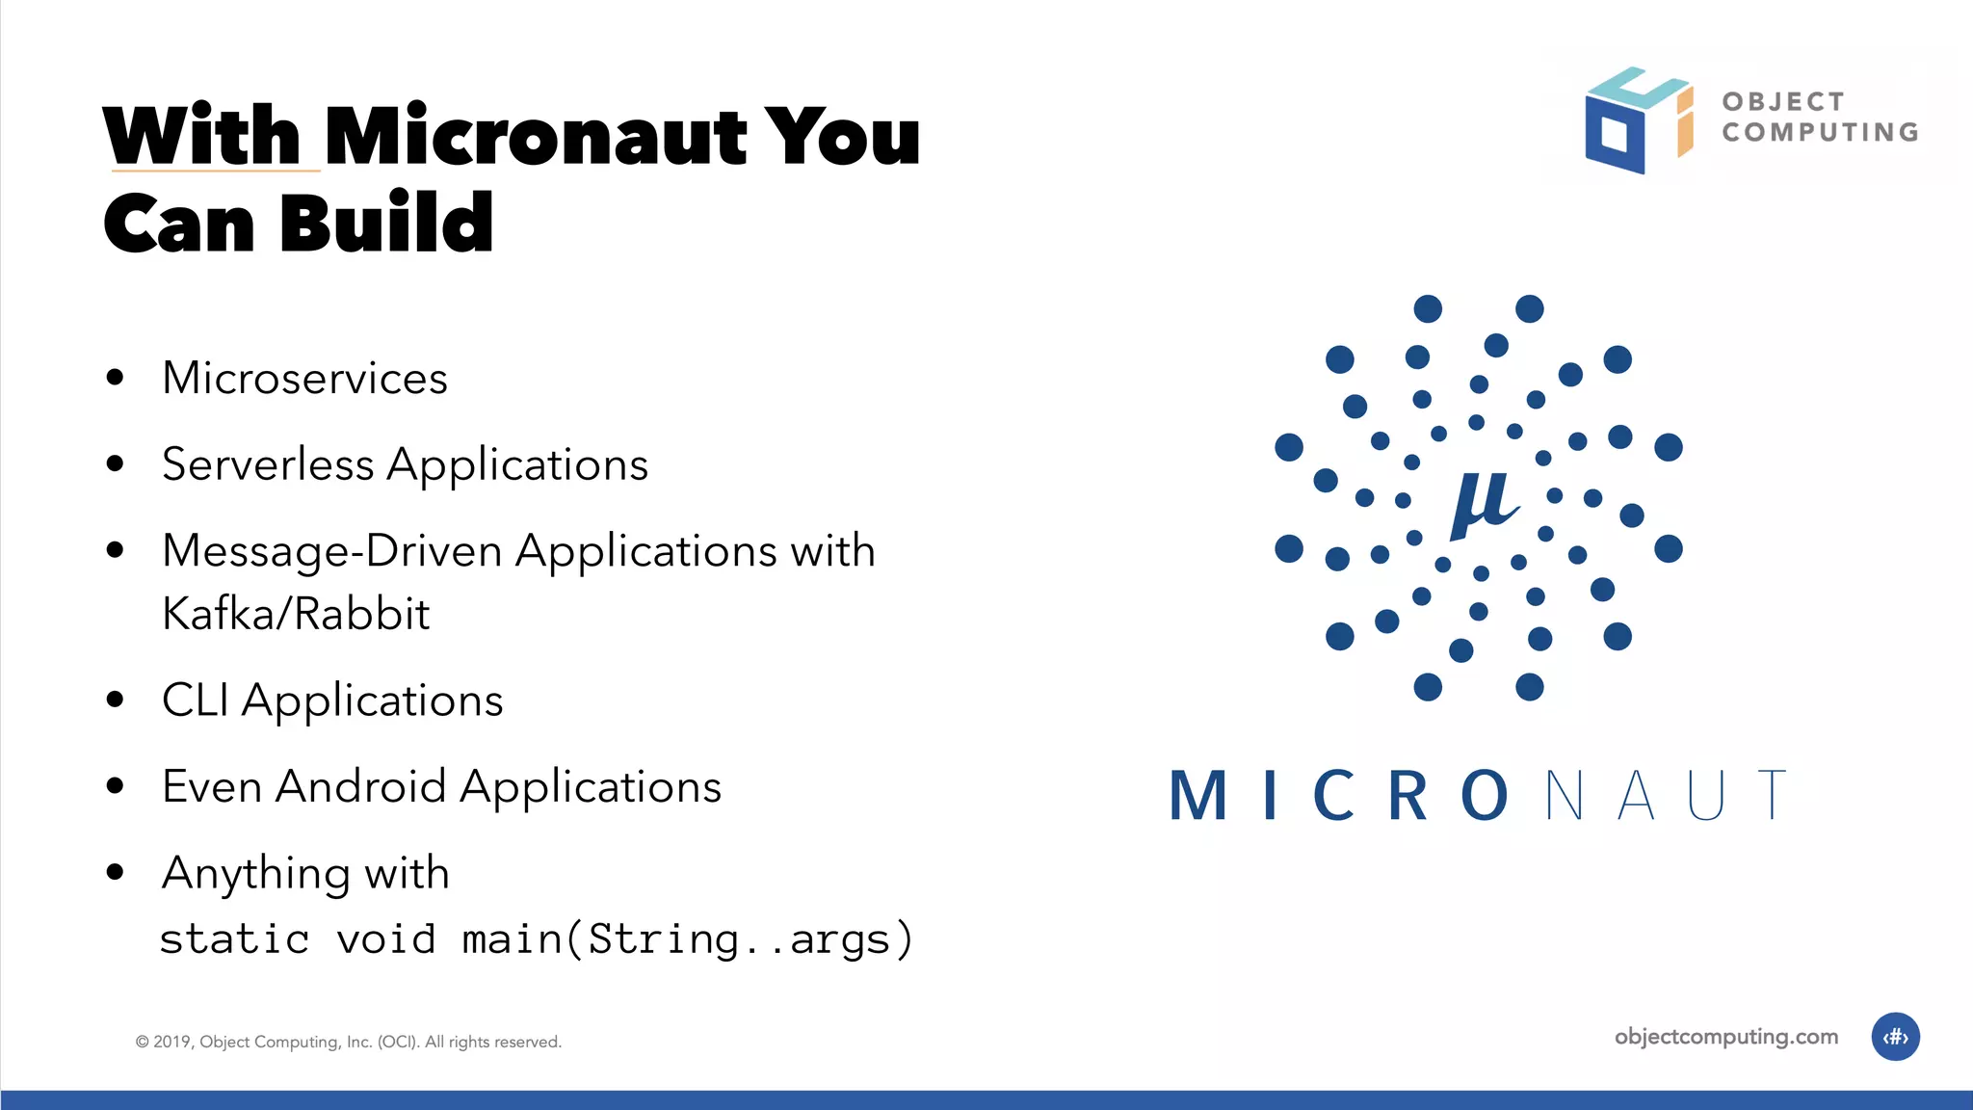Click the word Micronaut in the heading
point(536,137)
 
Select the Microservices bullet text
point(304,378)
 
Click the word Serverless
point(268,464)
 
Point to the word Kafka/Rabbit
point(296,614)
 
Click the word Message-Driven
point(331,551)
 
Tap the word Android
point(360,786)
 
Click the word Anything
point(255,874)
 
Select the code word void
point(385,939)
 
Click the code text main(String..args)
point(686,939)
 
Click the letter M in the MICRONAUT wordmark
point(1198,796)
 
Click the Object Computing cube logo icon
point(1637,120)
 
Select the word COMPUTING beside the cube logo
point(1820,132)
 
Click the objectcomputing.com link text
point(1725,1037)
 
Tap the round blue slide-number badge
point(1895,1037)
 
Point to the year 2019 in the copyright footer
point(172,1042)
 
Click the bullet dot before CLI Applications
point(116,700)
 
